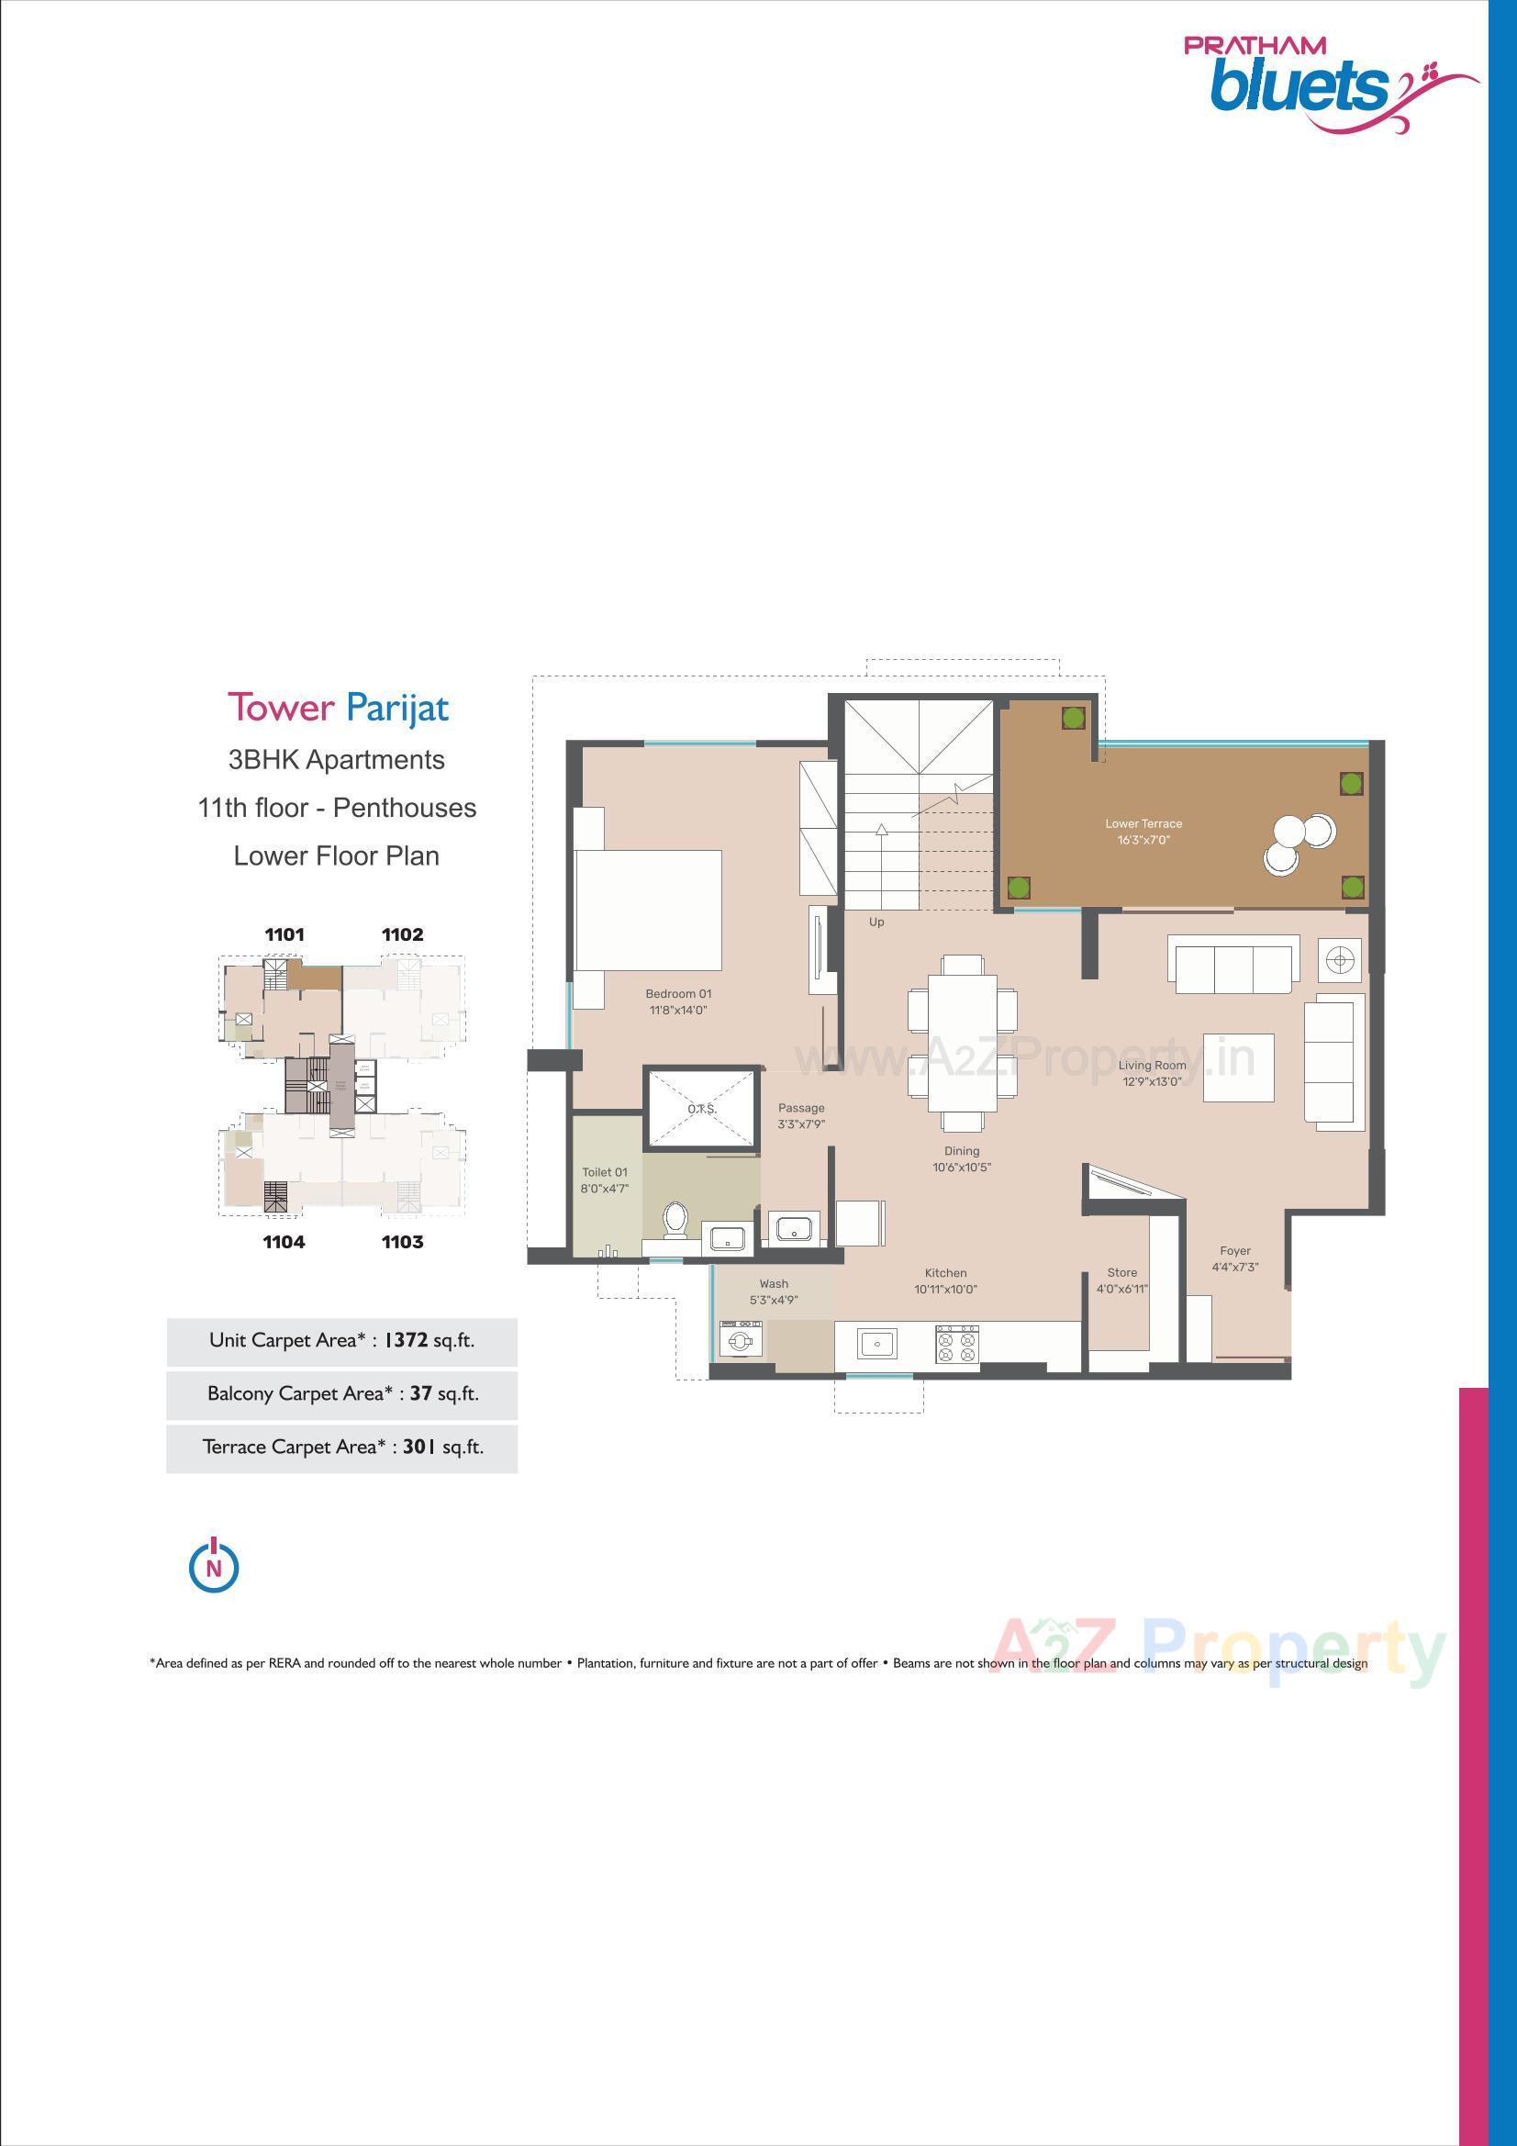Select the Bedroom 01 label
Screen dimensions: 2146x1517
point(678,993)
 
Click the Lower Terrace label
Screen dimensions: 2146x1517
point(1143,823)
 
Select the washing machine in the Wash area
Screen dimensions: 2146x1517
point(742,1342)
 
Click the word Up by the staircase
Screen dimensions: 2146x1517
point(876,922)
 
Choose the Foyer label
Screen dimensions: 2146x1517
point(1234,1250)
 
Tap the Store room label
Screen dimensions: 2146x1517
point(1121,1272)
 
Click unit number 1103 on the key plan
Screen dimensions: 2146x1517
point(402,1242)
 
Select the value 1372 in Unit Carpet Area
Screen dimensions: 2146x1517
point(407,1340)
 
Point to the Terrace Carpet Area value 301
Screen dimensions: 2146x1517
point(420,1447)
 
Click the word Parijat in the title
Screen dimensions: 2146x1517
point(397,708)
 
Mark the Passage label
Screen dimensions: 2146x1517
point(801,1108)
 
